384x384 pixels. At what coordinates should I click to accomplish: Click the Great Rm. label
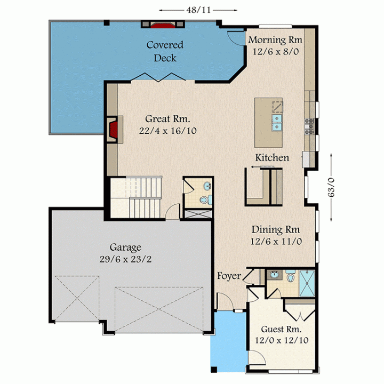pos(168,119)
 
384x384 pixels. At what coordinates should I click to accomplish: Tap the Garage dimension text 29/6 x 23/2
pos(125,259)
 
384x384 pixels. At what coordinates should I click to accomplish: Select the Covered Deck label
pos(165,51)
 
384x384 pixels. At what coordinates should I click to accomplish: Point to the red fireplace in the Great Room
pos(114,130)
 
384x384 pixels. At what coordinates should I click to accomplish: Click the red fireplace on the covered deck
pos(163,25)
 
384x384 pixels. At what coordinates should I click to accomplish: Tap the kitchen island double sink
pos(277,123)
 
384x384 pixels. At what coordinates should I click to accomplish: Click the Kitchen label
pos(272,158)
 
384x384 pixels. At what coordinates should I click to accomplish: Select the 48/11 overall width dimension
pos(198,10)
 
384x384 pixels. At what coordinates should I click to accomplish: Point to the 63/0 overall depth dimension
pos(331,187)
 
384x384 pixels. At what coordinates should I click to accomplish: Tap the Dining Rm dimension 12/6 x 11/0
pos(276,242)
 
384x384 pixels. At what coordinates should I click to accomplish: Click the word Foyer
pos(229,276)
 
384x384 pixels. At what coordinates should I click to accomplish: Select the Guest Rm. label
pos(281,330)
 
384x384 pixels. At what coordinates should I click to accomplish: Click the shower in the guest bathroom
pos(307,283)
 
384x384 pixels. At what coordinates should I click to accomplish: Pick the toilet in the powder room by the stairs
pos(206,199)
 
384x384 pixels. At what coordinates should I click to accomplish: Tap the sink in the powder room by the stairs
pos(207,186)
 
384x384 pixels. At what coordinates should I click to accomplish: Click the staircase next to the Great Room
pos(136,197)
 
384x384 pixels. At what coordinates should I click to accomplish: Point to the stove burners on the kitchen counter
pos(309,126)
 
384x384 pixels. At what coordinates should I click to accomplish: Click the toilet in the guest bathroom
pos(291,276)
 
